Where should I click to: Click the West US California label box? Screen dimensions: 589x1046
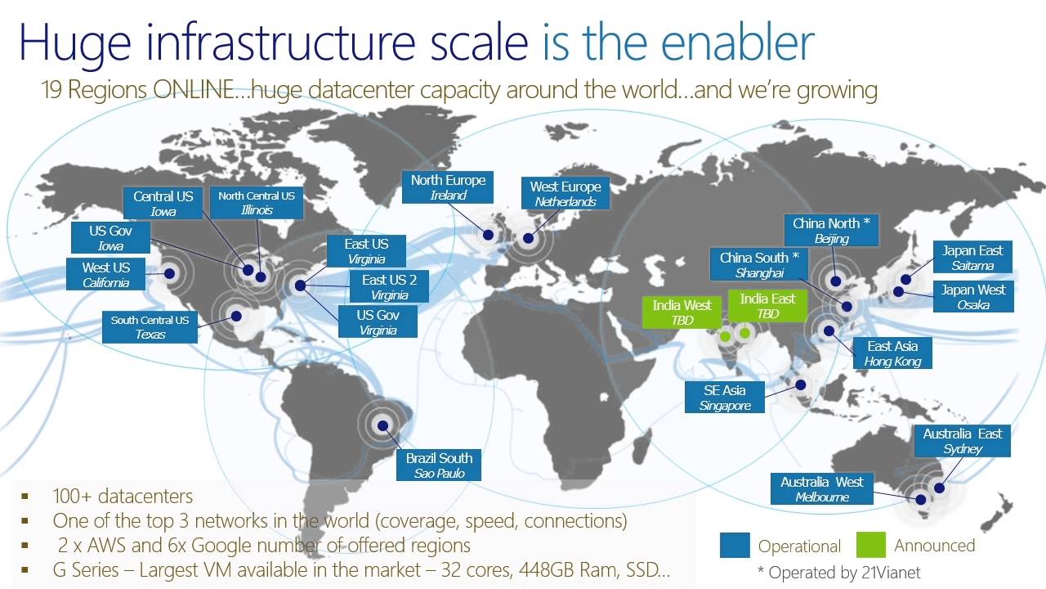(106, 275)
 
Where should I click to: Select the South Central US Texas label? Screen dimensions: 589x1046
(150, 326)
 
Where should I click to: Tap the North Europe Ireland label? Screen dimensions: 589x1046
(448, 187)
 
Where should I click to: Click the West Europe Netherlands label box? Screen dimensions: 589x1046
(565, 194)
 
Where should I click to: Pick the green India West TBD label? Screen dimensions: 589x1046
(682, 312)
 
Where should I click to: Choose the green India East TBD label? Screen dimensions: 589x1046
(767, 306)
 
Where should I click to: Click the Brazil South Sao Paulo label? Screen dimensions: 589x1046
(439, 465)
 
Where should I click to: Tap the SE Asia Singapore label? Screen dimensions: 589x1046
(724, 398)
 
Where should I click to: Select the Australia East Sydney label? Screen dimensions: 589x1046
(962, 441)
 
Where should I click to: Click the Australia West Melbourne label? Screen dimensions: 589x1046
(821, 489)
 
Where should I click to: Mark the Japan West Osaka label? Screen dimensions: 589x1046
(973, 297)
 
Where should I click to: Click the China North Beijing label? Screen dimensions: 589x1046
(831, 231)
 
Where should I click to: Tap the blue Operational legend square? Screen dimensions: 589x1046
(735, 546)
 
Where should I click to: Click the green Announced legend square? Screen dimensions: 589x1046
(871, 545)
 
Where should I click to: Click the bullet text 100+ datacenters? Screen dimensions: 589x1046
(123, 497)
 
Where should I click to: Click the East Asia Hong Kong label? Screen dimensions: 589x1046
(892, 353)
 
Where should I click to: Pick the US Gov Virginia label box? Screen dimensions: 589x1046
(377, 322)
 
